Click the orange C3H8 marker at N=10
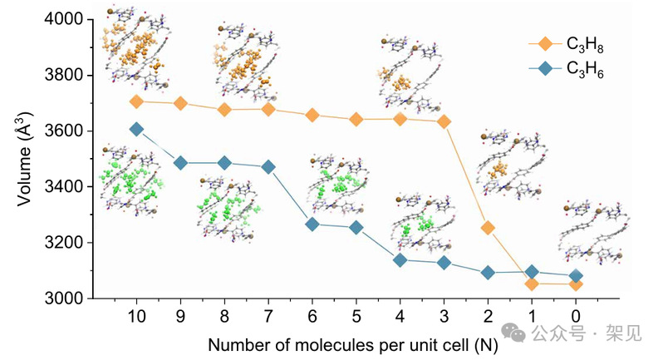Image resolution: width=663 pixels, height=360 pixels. pos(136,101)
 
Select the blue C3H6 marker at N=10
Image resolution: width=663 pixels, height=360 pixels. pos(136,129)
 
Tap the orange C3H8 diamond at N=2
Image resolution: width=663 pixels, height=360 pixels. pos(488,228)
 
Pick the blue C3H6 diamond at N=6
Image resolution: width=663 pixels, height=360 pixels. pos(312,224)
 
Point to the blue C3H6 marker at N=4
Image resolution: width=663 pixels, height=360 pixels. pos(400,260)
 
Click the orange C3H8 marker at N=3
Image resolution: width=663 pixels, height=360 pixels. pos(444,121)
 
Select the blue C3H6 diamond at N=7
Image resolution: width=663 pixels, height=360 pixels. pos(268,167)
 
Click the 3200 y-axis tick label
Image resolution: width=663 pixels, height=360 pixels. pos(73,243)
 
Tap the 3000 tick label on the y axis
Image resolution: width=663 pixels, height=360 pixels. pos(73,298)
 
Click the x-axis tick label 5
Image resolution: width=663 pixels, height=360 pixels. pos(356,316)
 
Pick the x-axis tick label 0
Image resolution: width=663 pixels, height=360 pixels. pos(575,316)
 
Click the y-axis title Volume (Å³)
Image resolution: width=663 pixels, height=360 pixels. pos(25,158)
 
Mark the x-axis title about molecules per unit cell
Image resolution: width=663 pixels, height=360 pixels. pos(352,343)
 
